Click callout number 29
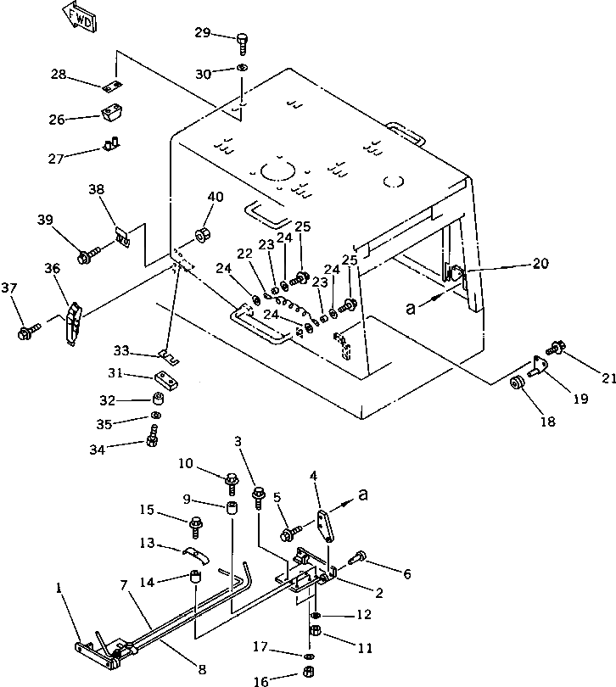[201, 32]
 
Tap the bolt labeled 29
[242, 40]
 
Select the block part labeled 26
[111, 114]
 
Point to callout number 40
[216, 197]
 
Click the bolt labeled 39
[87, 254]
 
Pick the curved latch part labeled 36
[74, 321]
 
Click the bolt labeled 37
[28, 329]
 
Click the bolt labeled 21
[557, 347]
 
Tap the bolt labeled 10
[231, 481]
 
